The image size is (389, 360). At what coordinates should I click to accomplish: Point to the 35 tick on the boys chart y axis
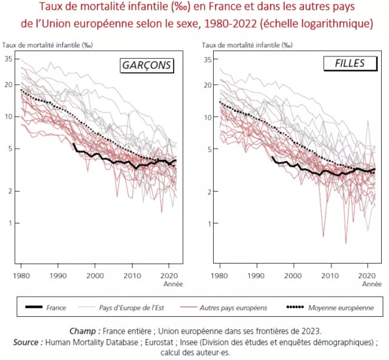tap(8, 59)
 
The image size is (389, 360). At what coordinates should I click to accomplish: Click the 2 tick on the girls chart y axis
tap(208, 192)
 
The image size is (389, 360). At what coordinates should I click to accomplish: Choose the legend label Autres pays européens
tap(233, 307)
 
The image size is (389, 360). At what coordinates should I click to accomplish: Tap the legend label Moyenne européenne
tap(341, 307)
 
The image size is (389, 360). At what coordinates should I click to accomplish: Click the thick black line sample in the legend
tap(34, 307)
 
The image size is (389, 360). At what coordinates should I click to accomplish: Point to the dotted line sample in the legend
tap(294, 307)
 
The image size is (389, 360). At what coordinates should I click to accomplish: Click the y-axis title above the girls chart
tap(247, 45)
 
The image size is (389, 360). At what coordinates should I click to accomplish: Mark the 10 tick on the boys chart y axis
tap(8, 116)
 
